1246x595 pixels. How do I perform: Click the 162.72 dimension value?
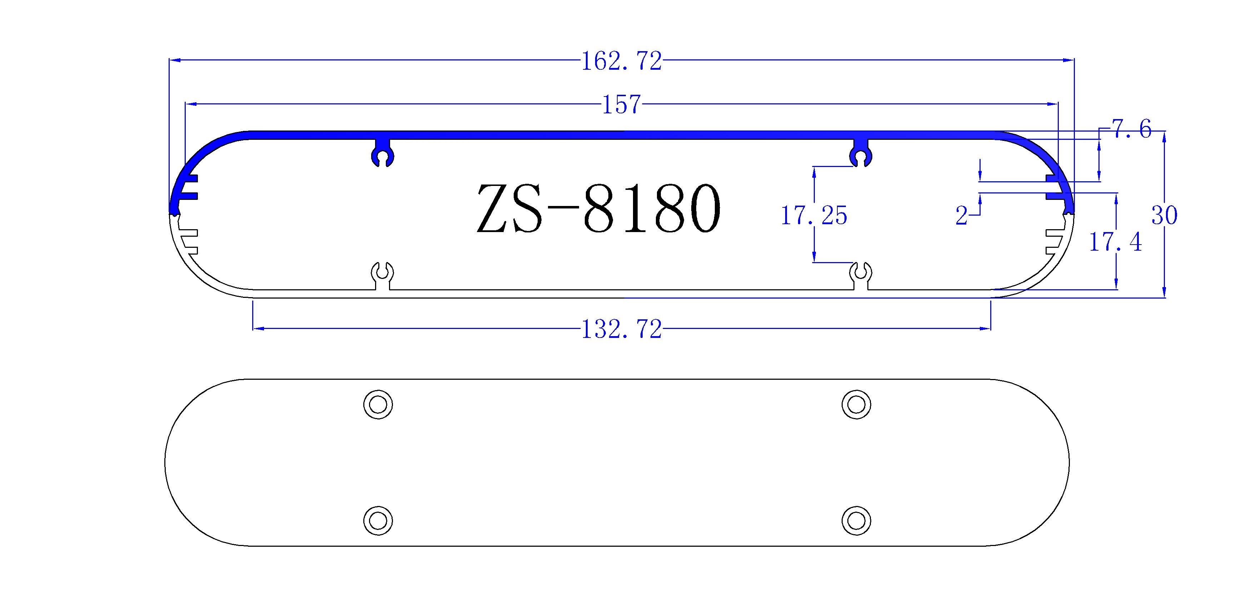point(621,62)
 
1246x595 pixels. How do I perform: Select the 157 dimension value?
point(621,104)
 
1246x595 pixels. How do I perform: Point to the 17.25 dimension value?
point(814,216)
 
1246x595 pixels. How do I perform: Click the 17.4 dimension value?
point(1115,242)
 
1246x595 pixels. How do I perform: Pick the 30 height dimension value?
point(1164,216)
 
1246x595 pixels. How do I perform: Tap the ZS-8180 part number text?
point(599,209)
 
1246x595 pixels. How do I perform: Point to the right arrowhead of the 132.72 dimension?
point(986,329)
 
